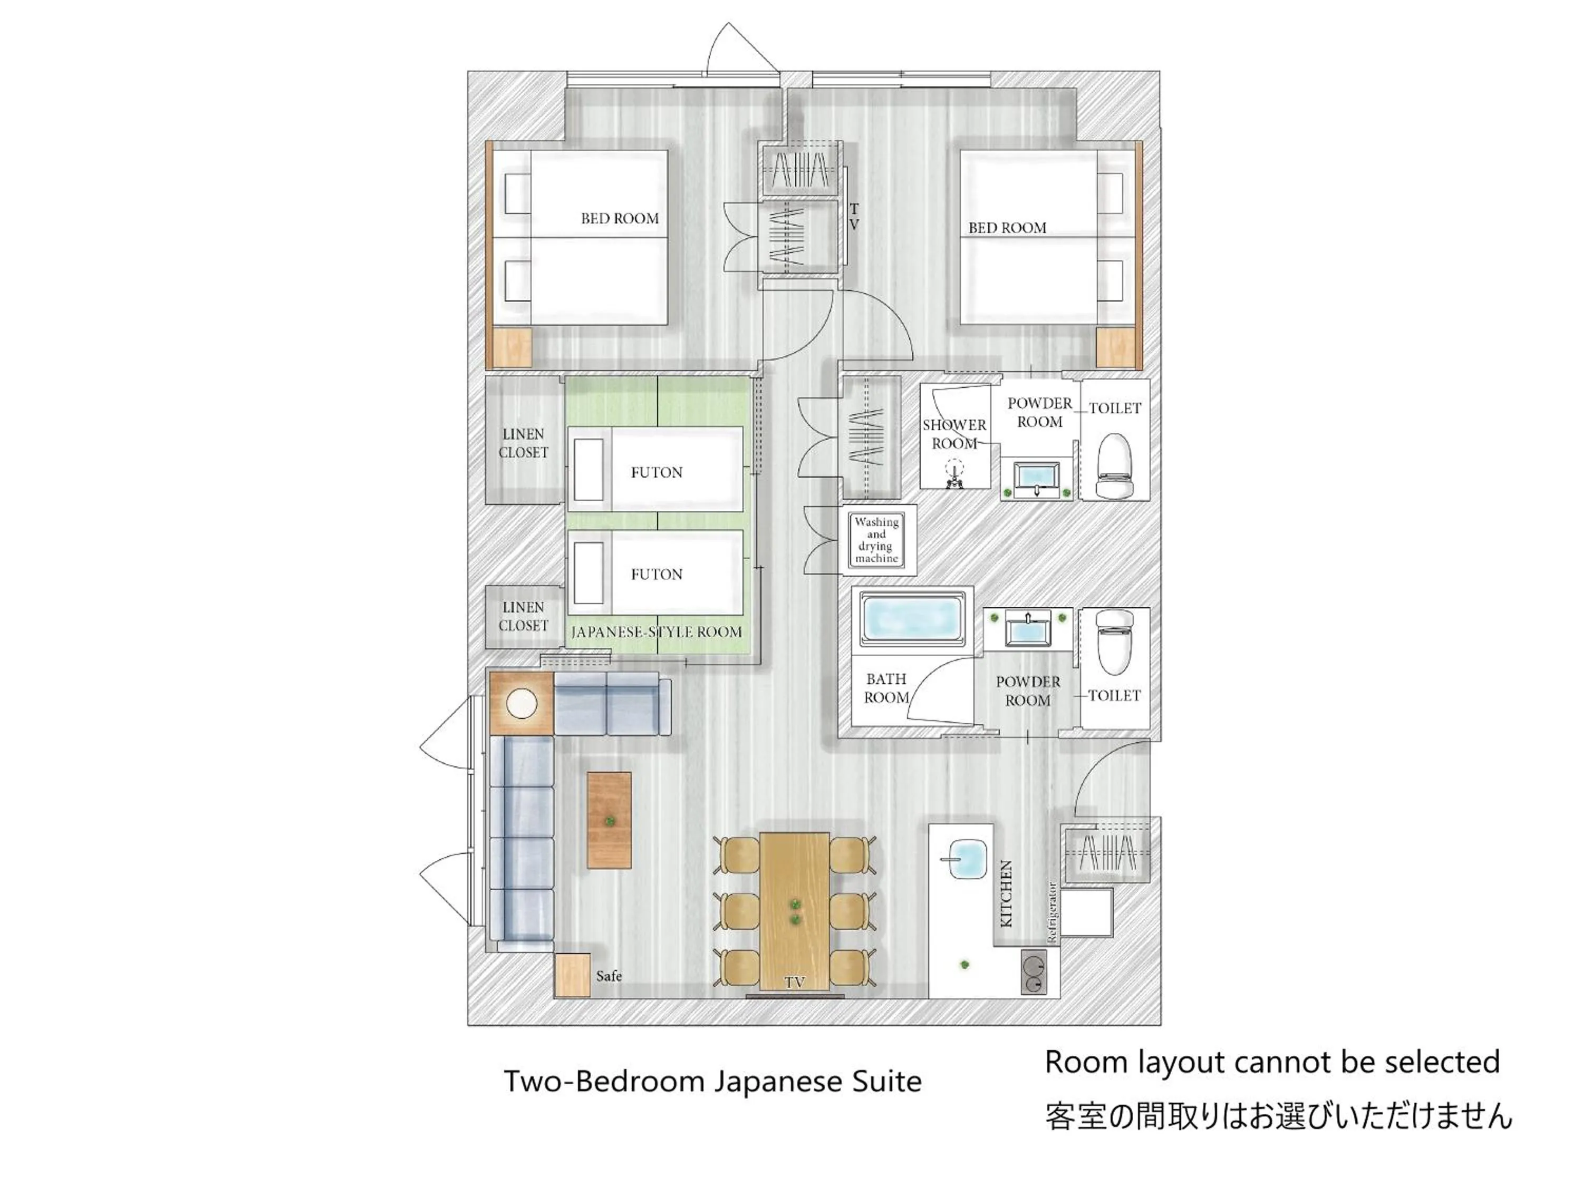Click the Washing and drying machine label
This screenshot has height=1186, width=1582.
pyautogui.click(x=876, y=540)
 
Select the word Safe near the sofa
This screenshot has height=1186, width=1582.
pyautogui.click(x=609, y=976)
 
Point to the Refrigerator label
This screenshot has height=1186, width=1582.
pyautogui.click(x=1052, y=913)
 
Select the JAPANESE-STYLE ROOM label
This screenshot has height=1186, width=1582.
pyautogui.click(x=656, y=632)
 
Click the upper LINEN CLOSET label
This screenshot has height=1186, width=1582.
pyautogui.click(x=524, y=443)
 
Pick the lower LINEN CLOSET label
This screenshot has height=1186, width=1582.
pyautogui.click(x=524, y=616)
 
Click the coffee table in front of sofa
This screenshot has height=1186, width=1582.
pyautogui.click(x=610, y=820)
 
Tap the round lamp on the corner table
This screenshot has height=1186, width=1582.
pyautogui.click(x=522, y=704)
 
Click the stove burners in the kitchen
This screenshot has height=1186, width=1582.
pyautogui.click(x=1033, y=974)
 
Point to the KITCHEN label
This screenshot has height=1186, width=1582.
pyautogui.click(x=1006, y=893)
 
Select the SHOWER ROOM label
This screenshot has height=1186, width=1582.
pyautogui.click(x=954, y=434)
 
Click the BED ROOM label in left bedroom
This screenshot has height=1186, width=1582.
pyautogui.click(x=620, y=219)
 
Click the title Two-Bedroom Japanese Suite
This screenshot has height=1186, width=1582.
pyautogui.click(x=712, y=1081)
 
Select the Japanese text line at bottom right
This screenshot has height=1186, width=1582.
pyautogui.click(x=1279, y=1116)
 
